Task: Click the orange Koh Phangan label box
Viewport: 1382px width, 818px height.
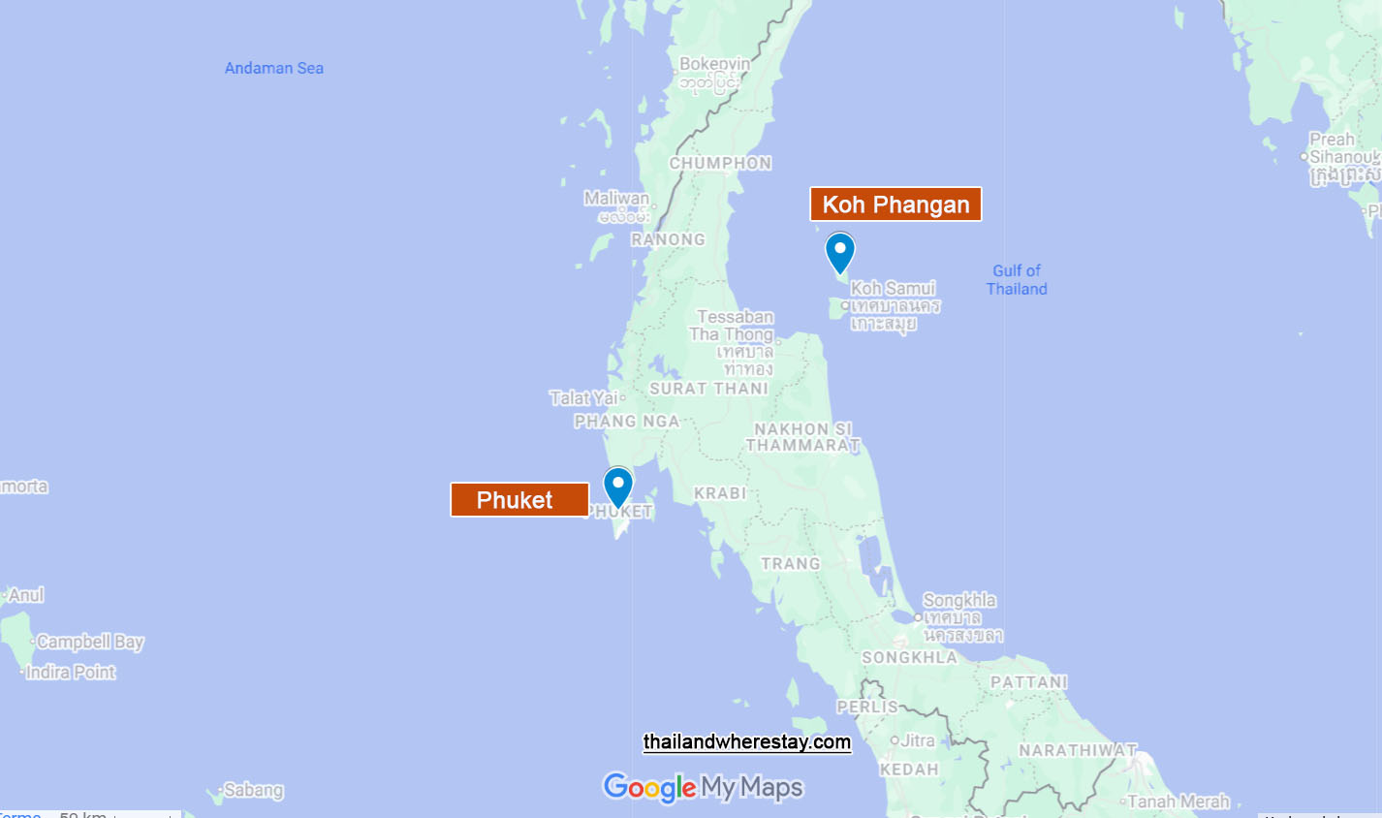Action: coord(895,204)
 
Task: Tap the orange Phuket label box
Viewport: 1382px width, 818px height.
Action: coord(519,500)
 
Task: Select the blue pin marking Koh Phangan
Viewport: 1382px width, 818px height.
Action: coord(840,251)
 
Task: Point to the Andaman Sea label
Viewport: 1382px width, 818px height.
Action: coord(274,68)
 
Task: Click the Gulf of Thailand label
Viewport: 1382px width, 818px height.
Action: coord(1017,279)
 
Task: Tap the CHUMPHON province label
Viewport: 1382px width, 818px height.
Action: coord(721,163)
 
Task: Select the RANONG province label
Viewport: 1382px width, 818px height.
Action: coord(668,239)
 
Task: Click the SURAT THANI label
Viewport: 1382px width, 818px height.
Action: coord(708,389)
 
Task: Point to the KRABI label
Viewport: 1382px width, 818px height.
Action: coord(720,493)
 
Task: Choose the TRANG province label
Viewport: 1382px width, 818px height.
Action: coord(791,564)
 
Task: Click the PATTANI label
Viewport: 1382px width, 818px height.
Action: coord(1029,682)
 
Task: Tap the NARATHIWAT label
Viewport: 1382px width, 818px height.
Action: coord(1078,750)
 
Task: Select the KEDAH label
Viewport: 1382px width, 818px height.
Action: coord(909,770)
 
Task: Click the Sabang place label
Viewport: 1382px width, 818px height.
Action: coord(254,790)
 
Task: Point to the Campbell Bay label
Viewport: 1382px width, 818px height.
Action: coord(90,642)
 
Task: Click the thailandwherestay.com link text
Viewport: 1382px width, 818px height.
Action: coord(747,742)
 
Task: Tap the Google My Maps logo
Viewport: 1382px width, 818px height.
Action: coord(704,787)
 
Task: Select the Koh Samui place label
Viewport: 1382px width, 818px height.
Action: coord(893,288)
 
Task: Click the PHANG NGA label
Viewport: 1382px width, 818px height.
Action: coord(627,422)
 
